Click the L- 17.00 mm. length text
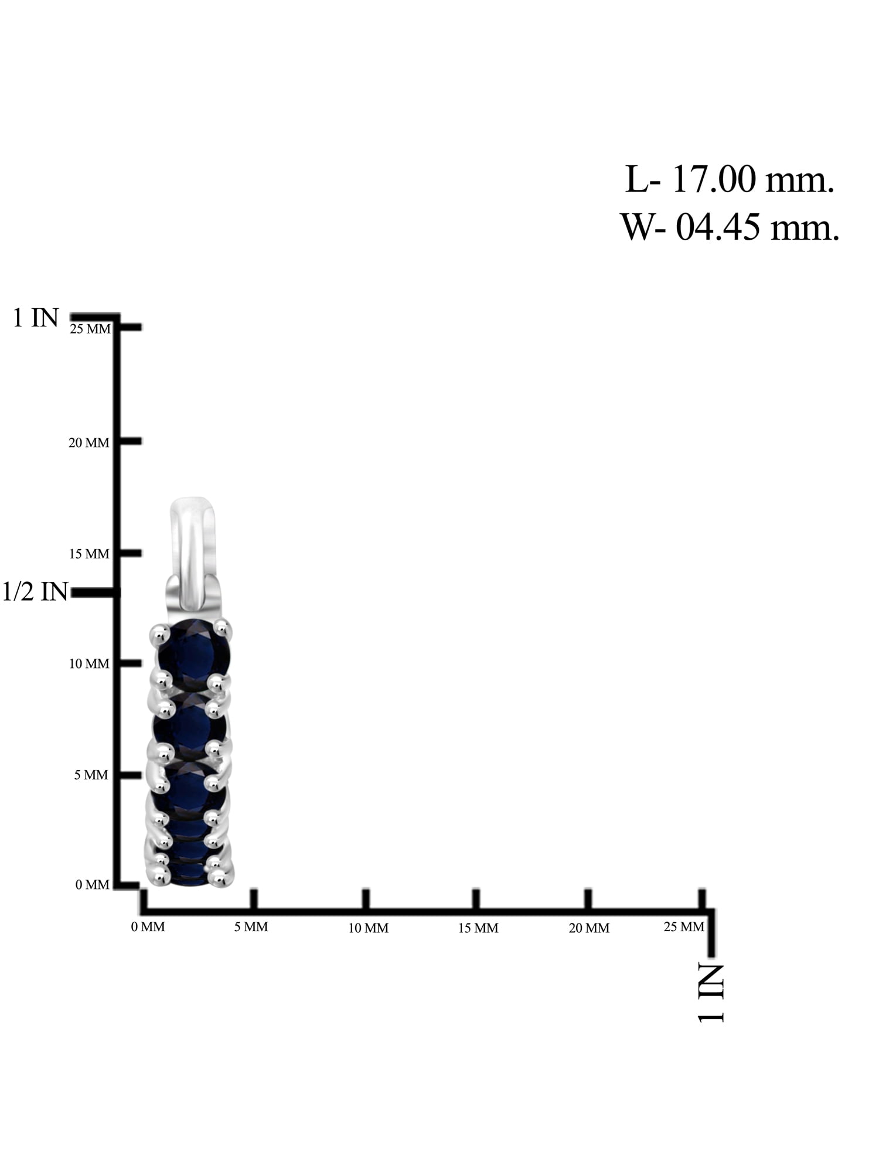click(730, 179)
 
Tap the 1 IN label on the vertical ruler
click(36, 318)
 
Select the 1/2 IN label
click(35, 592)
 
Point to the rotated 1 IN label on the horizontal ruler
click(711, 993)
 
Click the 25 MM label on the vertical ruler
click(90, 329)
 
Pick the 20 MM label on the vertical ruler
click(89, 443)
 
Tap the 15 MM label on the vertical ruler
click(89, 554)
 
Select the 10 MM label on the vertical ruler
click(89, 664)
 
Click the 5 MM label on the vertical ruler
click(91, 775)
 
